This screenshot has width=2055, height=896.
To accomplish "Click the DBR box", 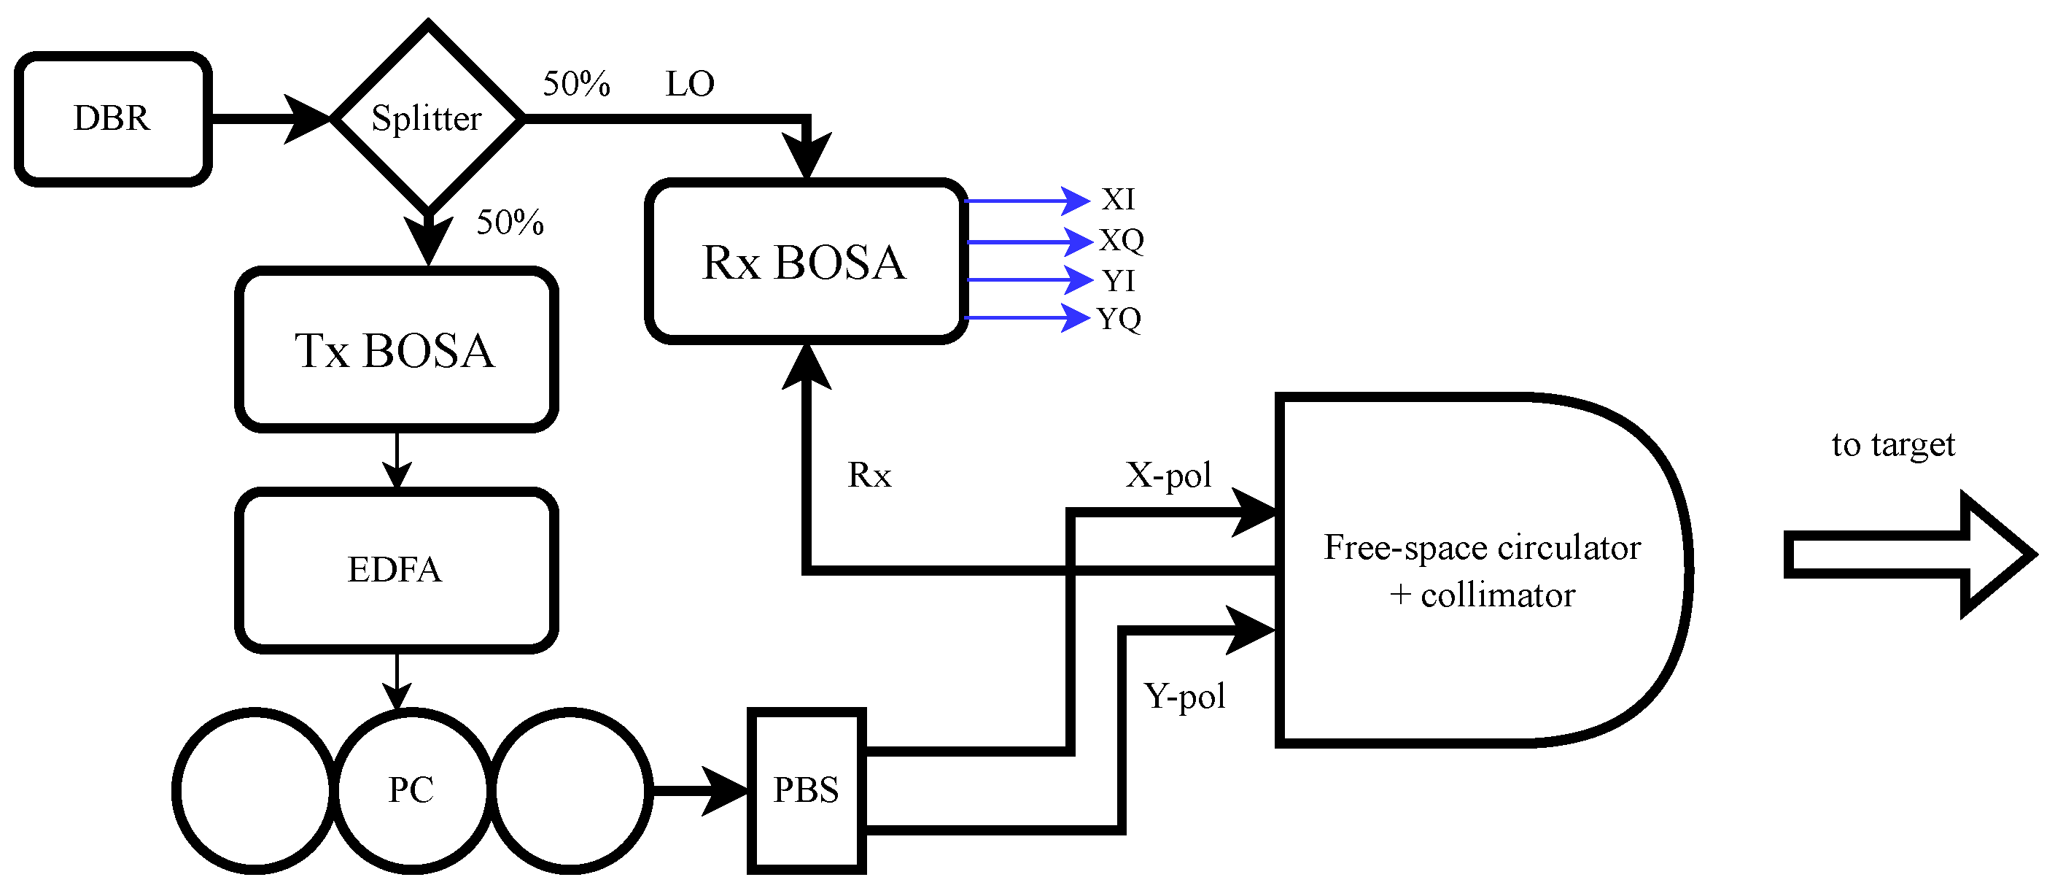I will pos(112,119).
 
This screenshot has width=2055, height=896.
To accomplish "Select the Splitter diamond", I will pos(427,119).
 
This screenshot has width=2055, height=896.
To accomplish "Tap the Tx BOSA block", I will pos(396,350).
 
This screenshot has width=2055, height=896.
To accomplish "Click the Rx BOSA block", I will pos(805,262).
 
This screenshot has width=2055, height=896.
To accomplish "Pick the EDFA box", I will pos(396,570).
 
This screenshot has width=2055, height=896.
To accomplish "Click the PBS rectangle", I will pos(807,790).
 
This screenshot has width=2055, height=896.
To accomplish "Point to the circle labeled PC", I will pos(411,790).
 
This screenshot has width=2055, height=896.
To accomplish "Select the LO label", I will pos(690,84).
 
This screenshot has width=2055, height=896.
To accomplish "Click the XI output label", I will pos(1118,199).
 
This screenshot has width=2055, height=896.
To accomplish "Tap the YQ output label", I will pos(1119,318).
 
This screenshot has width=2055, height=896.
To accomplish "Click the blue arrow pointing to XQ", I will pos(1029,241).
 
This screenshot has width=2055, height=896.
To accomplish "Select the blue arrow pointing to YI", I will pos(1029,280).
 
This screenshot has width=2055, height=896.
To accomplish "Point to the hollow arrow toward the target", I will pos(1907,555).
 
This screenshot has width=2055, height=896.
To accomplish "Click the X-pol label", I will pos(1169,476).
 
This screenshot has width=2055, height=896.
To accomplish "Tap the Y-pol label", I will pos(1184,697).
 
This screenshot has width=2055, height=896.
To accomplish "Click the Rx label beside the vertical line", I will pos(869,476).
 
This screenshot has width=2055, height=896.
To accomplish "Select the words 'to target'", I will pos(1892,445).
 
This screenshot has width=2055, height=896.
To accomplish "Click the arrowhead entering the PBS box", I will pos(726,791).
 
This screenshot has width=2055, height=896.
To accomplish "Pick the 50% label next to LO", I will pos(576,84).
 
